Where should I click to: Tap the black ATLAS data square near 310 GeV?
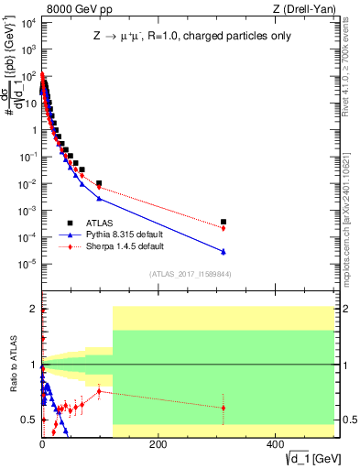click(224, 222)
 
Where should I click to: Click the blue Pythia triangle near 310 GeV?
click(224, 252)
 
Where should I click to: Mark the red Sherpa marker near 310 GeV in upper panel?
click(224, 228)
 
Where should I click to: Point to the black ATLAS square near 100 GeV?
click(99, 183)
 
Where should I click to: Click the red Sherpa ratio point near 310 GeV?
click(224, 408)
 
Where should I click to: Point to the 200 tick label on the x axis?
click(158, 445)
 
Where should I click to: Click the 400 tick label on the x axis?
click(274, 445)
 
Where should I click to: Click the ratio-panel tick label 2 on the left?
click(33, 309)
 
